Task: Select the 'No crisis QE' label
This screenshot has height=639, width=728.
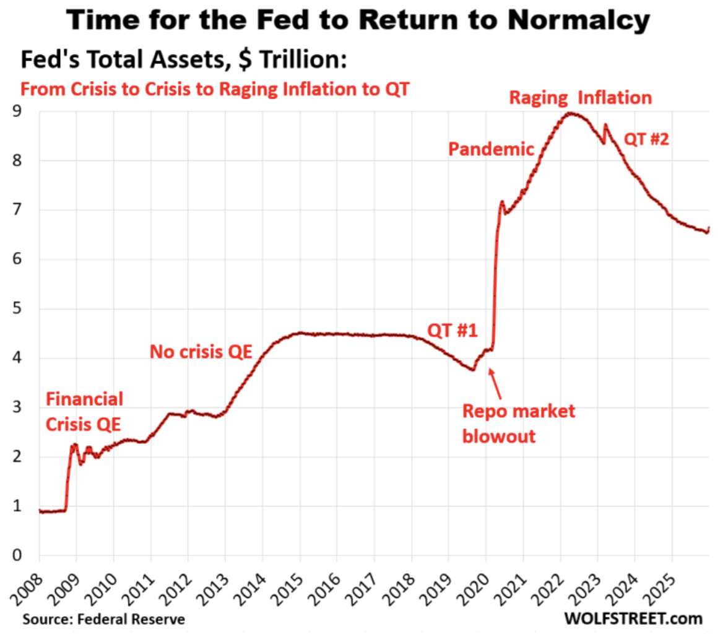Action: (201, 352)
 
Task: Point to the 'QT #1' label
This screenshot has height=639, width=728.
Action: (453, 329)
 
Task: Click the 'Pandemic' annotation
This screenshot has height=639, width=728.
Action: (491, 149)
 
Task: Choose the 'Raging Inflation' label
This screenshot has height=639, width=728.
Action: (580, 98)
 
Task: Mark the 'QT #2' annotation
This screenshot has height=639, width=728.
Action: (647, 139)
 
